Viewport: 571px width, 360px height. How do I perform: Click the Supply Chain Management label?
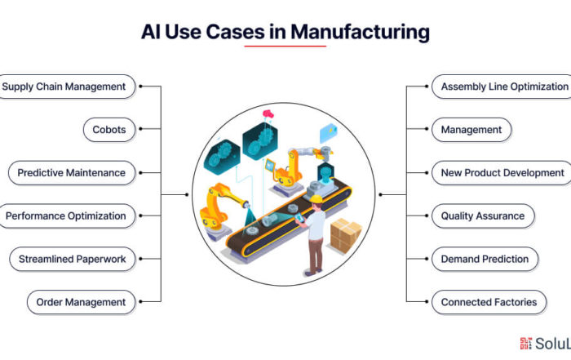65,87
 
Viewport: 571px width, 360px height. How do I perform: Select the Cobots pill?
109,130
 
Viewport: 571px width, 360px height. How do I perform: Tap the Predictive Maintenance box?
72,173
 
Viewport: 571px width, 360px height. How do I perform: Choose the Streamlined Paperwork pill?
73,259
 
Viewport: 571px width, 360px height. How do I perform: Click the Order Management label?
82,302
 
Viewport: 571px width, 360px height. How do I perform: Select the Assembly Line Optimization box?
502,87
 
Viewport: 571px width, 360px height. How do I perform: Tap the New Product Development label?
502,173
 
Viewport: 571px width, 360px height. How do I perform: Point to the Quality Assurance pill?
483,216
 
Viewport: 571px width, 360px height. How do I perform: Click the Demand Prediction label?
485,259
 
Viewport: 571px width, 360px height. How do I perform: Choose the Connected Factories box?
489,302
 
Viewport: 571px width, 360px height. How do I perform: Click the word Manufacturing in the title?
361,32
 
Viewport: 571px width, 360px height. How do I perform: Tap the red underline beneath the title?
285,47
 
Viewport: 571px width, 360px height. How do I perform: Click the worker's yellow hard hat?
316,199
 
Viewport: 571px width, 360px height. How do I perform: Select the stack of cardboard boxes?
346,236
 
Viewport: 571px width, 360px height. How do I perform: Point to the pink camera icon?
268,113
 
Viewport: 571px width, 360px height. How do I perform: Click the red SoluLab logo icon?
525,343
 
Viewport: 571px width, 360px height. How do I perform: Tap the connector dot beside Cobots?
140,129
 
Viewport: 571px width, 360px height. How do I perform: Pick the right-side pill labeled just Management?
471,130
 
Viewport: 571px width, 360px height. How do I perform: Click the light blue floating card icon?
329,133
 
